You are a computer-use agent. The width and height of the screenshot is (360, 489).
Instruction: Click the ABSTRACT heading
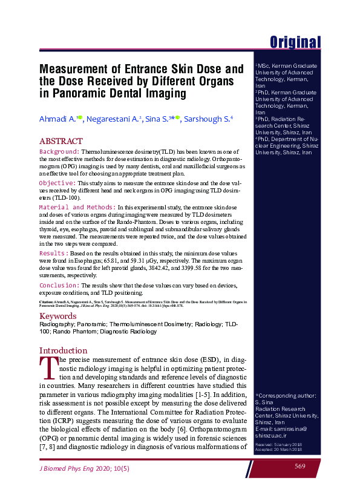(x=61, y=140)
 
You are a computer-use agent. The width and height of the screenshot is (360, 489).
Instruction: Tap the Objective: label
(x=57, y=182)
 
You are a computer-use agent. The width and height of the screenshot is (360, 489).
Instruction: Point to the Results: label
(x=53, y=252)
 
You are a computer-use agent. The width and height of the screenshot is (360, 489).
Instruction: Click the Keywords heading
(x=57, y=316)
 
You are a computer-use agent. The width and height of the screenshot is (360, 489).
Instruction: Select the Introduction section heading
(x=64, y=350)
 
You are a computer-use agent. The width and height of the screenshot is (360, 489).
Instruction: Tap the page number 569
(x=300, y=465)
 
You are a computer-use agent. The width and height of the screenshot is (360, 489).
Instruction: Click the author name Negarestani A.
(x=113, y=119)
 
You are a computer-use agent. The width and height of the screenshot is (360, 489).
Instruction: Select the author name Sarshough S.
(x=207, y=119)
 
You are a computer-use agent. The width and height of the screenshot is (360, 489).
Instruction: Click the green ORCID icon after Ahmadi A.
(x=79, y=119)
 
